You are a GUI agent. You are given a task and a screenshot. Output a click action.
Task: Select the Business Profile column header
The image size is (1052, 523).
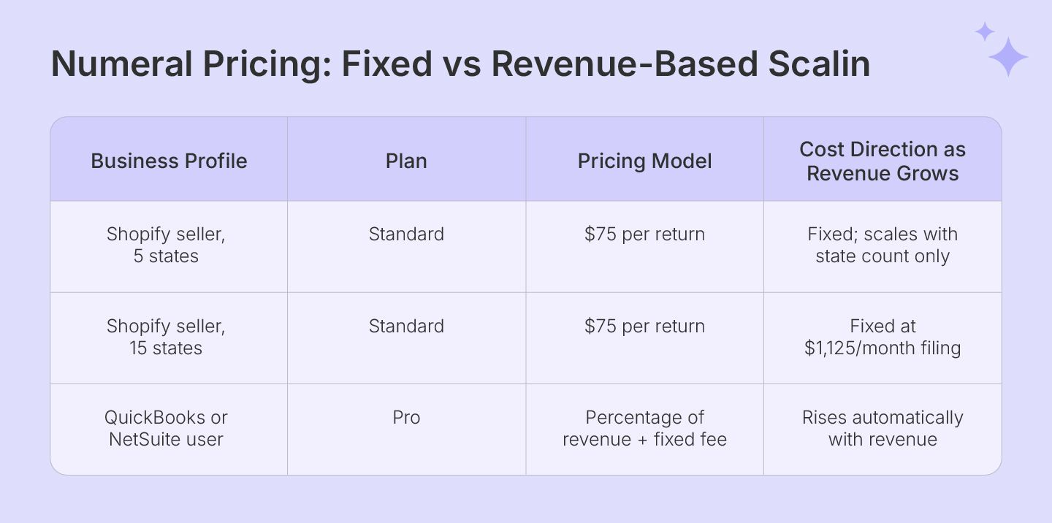[169, 161]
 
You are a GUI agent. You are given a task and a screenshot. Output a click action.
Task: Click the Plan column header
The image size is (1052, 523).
[406, 161]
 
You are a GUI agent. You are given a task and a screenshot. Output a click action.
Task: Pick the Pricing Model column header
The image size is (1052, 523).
[644, 161]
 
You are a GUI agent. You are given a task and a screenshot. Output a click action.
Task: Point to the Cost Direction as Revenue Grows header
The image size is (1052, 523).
[883, 161]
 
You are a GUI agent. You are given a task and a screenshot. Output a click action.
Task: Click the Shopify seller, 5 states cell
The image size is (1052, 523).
[166, 245]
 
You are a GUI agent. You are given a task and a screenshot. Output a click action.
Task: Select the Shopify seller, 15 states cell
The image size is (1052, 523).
[166, 337]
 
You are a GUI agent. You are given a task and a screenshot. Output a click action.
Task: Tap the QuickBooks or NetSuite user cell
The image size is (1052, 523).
[166, 428]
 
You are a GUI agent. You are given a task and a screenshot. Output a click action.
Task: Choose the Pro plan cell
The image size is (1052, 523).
[406, 417]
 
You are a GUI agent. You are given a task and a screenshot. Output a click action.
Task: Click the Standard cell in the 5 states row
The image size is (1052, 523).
[406, 234]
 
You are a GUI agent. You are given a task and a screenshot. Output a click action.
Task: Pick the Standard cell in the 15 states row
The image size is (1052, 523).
[406, 326]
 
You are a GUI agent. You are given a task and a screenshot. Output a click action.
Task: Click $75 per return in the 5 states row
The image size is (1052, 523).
[644, 234]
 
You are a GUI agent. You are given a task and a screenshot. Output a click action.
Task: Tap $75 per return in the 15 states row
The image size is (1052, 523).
[644, 326]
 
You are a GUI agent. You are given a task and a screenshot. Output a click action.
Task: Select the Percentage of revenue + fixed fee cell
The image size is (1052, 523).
[644, 428]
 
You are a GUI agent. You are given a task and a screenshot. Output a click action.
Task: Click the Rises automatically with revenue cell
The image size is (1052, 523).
[883, 428]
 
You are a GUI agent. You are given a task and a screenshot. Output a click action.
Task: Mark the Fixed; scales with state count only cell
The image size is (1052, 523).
[883, 245]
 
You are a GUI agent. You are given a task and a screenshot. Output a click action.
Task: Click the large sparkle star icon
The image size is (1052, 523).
[1008, 57]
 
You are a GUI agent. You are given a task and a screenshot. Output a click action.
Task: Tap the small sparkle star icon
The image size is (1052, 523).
[985, 31]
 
